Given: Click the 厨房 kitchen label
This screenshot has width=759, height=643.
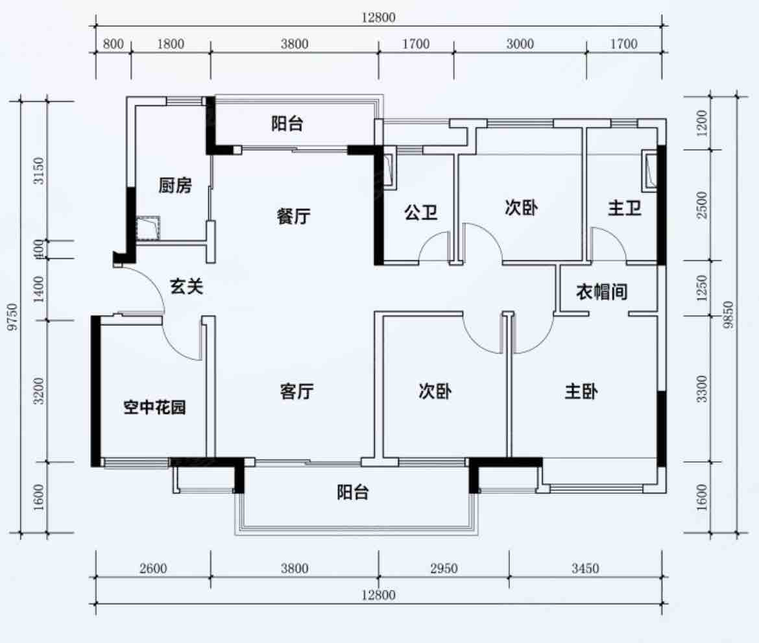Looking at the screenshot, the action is (x=175, y=186).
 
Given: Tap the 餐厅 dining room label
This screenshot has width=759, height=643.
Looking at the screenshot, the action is (x=294, y=216).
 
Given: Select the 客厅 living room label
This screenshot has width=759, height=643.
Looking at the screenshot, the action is (x=296, y=391).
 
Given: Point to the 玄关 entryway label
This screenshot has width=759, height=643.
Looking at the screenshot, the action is (x=186, y=287).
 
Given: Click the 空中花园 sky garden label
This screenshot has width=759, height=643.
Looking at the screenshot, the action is (x=154, y=407).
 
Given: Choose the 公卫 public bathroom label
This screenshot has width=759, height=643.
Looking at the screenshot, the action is (x=420, y=212).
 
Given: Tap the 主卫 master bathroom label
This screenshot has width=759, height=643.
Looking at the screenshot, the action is (x=625, y=208).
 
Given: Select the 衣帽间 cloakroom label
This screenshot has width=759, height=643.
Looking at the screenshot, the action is (x=601, y=292).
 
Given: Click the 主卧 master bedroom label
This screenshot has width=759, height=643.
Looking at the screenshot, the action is (x=581, y=391).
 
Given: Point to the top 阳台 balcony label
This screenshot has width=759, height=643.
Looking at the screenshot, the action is (x=287, y=123).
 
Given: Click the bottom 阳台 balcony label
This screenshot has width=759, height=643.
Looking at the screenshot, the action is (x=353, y=492).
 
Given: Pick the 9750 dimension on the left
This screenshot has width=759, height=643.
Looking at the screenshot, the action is (x=14, y=317).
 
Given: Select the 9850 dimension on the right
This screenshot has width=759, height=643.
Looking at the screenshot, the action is (x=729, y=315).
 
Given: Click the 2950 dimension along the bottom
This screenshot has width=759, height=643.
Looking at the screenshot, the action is (x=444, y=568).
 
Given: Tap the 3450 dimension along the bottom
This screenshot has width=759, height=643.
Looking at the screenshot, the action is (x=585, y=568).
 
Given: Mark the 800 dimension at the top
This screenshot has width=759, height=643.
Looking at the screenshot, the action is (x=114, y=44).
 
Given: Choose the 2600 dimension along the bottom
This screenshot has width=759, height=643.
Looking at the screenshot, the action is (x=153, y=568).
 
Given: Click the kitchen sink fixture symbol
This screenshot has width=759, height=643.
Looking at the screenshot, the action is (x=148, y=228).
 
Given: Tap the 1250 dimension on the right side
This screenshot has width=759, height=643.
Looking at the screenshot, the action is (x=702, y=288).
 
